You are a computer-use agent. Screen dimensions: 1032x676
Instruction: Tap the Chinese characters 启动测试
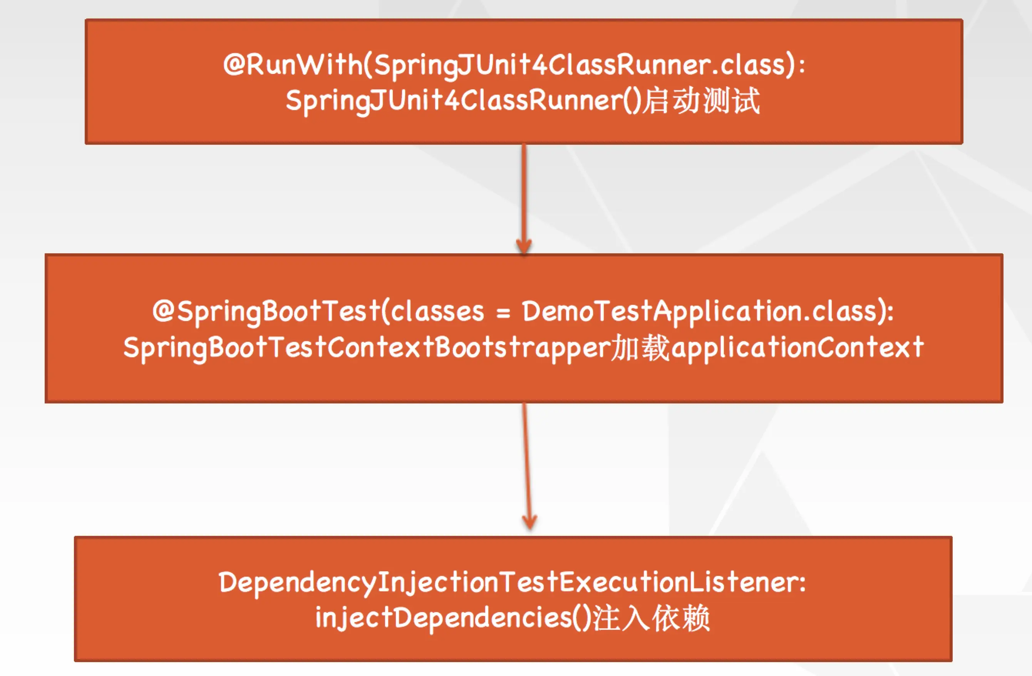tap(701, 100)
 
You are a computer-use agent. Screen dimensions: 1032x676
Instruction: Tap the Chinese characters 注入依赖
tap(650, 618)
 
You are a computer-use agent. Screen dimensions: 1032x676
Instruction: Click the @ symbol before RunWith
tap(234, 65)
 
